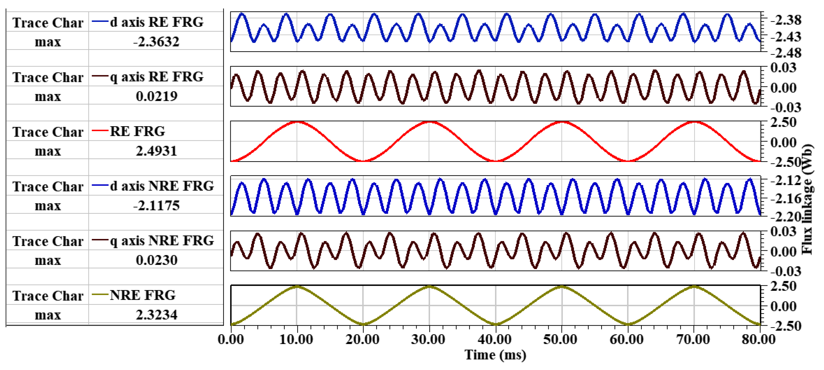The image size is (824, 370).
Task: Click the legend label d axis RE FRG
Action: point(157,22)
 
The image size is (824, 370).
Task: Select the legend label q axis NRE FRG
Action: point(162,240)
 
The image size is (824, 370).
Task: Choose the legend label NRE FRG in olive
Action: point(143,295)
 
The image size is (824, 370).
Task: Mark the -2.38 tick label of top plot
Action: point(785,20)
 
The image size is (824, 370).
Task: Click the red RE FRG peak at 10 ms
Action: point(297,122)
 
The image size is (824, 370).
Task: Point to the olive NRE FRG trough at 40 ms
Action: point(496,324)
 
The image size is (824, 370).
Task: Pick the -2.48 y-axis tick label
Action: point(785,53)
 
